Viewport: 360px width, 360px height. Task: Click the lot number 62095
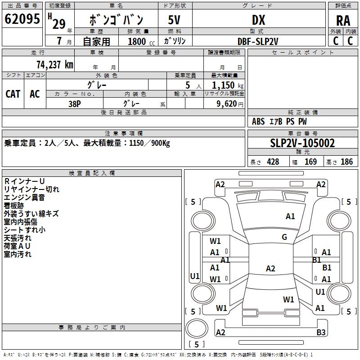pos(22,19)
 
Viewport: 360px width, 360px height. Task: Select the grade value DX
pos(258,20)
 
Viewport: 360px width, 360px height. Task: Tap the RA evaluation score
pos(343,21)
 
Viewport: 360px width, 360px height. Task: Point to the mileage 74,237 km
pos(55,64)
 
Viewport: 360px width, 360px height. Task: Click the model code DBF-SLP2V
pos(258,41)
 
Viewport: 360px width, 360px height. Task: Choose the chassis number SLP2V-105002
pos(302,143)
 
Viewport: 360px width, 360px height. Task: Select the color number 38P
pos(75,104)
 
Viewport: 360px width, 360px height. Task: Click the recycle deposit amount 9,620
pos(227,103)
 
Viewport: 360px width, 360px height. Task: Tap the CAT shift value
pos(13,94)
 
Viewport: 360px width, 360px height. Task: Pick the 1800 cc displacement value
pos(141,41)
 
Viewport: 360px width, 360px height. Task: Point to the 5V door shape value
pos(174,20)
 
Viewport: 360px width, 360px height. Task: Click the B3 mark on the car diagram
pos(321,332)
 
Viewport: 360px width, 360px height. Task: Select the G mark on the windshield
pos(284,237)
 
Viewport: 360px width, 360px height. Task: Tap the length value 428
pos(273,162)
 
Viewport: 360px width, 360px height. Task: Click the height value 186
pos(346,162)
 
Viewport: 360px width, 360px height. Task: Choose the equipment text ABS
pos(258,121)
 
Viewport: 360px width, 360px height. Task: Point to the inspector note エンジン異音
pos(24,198)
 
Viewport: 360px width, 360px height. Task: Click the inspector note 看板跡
pos(14,206)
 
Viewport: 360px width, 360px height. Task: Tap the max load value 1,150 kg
pos(228,85)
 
